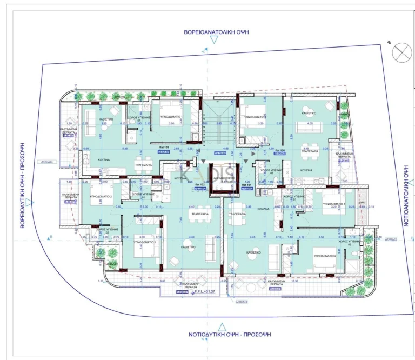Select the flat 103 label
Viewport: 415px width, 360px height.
tap(163, 147)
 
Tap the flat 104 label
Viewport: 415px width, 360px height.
tap(279, 151)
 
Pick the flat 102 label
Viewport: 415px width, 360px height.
tap(199, 185)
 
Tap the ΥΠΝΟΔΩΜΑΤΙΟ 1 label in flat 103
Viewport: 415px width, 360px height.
tap(172, 117)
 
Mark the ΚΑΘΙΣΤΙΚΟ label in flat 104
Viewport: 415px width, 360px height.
tap(309, 114)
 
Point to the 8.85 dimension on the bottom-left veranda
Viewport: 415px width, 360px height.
tap(163, 282)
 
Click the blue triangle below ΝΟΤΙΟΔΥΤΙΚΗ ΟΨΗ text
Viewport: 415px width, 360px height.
tap(221, 326)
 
